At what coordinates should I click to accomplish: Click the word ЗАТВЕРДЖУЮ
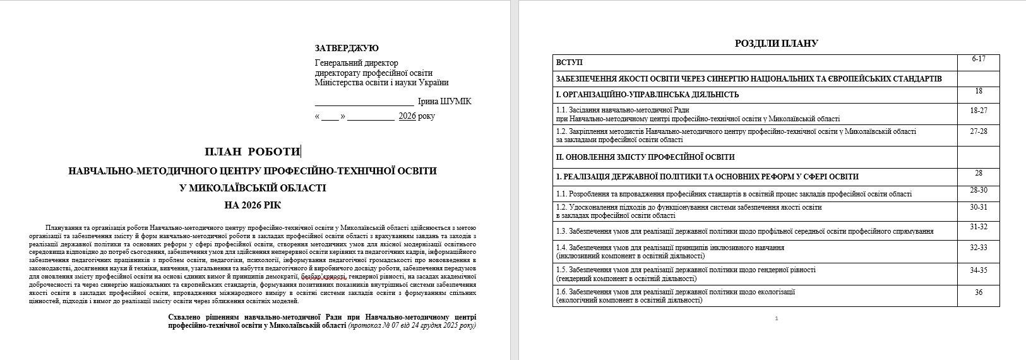[347, 49]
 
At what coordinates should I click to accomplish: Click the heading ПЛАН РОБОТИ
[252, 152]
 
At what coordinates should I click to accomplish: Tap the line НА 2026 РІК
[253, 205]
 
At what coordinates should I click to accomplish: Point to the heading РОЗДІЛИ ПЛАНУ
[776, 44]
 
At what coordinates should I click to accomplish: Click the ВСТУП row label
[570, 63]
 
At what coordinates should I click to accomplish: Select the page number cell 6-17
[979, 59]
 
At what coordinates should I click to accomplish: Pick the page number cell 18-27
[979, 111]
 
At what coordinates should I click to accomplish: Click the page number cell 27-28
[979, 131]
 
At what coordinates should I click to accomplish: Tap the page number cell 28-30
[979, 190]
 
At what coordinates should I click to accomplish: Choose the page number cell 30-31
[979, 207]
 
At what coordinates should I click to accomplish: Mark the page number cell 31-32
[979, 227]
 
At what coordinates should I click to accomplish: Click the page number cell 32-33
[979, 248]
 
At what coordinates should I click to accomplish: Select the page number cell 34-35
[979, 270]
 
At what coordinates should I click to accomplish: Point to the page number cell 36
[979, 292]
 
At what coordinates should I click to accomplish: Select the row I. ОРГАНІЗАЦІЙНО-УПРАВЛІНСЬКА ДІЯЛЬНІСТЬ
[647, 95]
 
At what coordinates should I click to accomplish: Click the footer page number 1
[776, 318]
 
